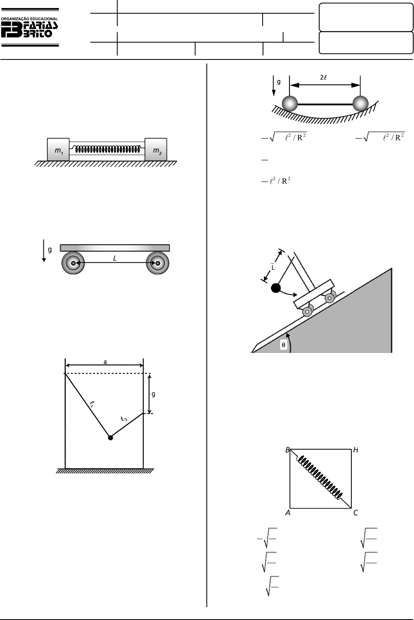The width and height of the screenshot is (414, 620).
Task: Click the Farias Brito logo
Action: (x=30, y=27)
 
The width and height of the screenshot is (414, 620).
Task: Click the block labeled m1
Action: (x=58, y=149)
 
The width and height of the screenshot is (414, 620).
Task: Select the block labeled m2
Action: (x=156, y=149)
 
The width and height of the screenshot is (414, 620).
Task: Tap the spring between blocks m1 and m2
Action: (x=108, y=149)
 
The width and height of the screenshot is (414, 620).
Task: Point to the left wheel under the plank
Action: (x=73, y=263)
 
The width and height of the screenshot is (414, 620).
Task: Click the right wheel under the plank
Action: (x=157, y=263)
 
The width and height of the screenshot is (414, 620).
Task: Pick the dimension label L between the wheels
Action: (x=115, y=258)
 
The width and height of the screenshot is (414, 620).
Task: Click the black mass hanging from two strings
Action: (x=110, y=438)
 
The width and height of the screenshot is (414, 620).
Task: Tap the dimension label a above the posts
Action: (x=105, y=362)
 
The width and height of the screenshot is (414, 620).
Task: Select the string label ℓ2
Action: (x=124, y=419)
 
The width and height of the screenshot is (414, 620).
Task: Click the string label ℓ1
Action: (x=92, y=404)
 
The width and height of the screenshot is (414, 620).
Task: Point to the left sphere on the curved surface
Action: (x=290, y=103)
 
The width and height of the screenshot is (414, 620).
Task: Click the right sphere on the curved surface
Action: (x=360, y=103)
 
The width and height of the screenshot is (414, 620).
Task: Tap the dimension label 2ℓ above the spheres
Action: (x=323, y=78)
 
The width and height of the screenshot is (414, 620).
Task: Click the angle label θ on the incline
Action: (x=283, y=345)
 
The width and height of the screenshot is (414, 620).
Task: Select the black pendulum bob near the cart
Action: (x=276, y=288)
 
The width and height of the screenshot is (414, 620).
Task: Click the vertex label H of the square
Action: (x=356, y=450)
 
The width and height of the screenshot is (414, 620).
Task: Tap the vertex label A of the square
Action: (x=288, y=513)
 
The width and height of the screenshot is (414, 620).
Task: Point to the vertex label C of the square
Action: (x=356, y=513)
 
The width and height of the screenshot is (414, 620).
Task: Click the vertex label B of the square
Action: (x=288, y=450)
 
